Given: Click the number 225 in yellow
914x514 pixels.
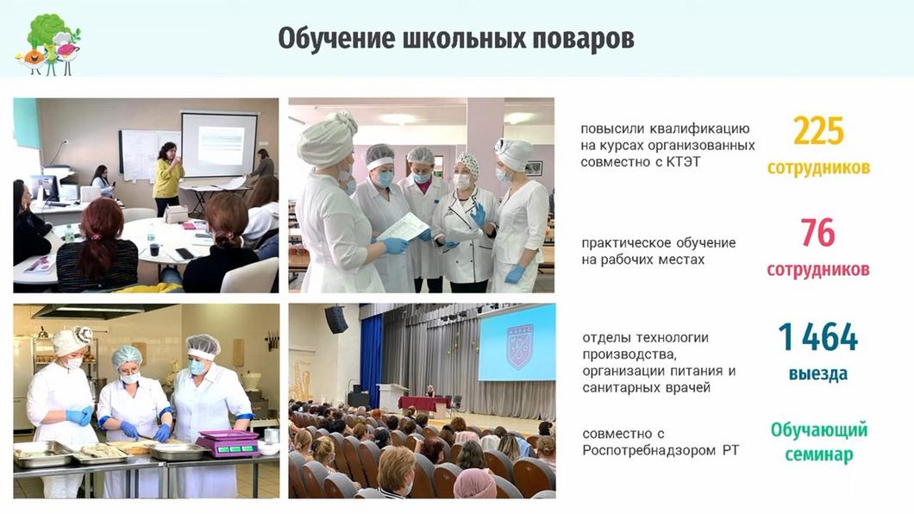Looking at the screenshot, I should click(818, 132).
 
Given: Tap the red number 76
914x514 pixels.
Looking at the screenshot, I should click(817, 234).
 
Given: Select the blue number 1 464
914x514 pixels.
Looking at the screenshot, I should click(817, 337).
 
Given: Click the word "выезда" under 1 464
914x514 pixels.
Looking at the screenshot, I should click(817, 374).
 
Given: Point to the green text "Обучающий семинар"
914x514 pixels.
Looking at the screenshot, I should click(817, 441).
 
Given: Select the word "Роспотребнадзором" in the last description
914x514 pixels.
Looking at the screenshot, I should click(649, 450).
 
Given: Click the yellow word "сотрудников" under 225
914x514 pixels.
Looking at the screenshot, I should click(817, 167).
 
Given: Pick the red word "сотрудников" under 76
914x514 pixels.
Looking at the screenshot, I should click(817, 270).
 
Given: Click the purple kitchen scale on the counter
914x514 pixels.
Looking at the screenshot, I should click(228, 442).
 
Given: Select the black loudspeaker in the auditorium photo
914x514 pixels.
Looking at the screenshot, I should click(335, 319).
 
